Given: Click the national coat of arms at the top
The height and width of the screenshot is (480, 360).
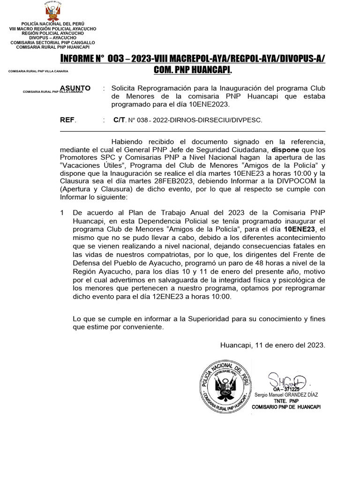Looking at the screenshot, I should (x=52, y=11).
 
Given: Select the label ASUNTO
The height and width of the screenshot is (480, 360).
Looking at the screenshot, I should (x=75, y=88).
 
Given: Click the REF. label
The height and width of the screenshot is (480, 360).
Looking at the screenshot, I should (x=68, y=120).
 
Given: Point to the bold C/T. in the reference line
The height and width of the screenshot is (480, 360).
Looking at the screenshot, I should (x=120, y=120).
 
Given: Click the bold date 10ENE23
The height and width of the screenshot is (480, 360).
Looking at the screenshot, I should (x=300, y=229).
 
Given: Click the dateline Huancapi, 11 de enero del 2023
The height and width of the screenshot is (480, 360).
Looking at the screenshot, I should (x=272, y=345).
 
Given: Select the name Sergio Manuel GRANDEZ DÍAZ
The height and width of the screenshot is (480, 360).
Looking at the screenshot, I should (x=286, y=395).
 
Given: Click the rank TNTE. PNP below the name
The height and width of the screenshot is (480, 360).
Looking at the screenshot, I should (x=286, y=401).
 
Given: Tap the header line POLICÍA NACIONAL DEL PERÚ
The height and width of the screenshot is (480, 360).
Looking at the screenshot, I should (x=52, y=24).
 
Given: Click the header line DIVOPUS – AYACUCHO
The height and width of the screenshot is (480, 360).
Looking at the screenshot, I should (x=52, y=38).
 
